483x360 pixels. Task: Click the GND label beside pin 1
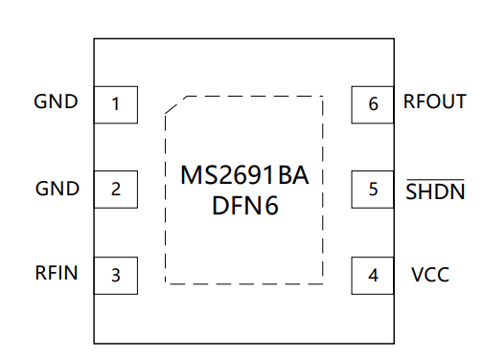(56, 101)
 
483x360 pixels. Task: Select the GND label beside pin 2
(57, 189)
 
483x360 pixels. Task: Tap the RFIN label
(57, 273)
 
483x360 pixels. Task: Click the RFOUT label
(435, 101)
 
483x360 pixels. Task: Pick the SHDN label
(435, 191)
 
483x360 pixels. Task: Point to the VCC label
(430, 275)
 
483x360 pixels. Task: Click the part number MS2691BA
(244, 175)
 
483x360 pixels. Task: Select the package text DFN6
(245, 205)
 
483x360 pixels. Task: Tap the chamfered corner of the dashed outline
(175, 104)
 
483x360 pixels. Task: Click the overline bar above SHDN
(435, 180)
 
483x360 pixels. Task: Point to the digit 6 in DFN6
(271, 205)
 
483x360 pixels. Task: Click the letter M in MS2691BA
(191, 175)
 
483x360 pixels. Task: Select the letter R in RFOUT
(409, 101)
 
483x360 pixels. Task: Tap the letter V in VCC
(418, 275)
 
